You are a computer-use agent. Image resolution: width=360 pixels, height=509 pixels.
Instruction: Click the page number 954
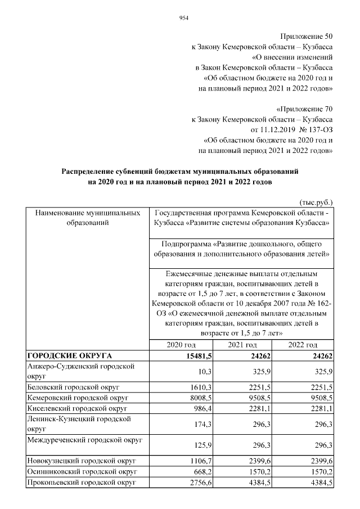(x=183, y=17)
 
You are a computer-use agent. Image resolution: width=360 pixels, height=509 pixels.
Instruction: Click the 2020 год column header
(x=181, y=345)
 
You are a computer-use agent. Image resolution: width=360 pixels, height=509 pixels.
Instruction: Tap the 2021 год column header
(x=242, y=345)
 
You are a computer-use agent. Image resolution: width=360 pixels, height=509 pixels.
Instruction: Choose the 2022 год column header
(x=303, y=345)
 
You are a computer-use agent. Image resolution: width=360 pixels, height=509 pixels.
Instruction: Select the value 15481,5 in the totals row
(x=197, y=355)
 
